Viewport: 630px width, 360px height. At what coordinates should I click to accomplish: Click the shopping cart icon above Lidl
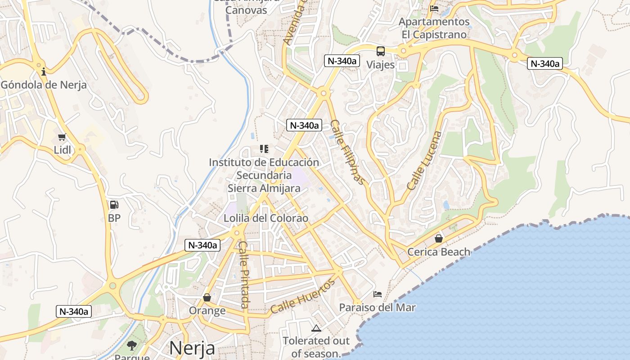pyautogui.click(x=62, y=137)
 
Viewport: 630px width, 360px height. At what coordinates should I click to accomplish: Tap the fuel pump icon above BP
pyautogui.click(x=114, y=205)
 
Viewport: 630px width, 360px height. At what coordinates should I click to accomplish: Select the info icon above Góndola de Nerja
pyautogui.click(x=44, y=72)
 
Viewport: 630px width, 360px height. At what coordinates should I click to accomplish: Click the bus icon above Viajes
pyautogui.click(x=381, y=51)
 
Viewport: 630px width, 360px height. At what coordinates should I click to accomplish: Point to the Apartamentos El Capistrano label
pyautogui.click(x=434, y=28)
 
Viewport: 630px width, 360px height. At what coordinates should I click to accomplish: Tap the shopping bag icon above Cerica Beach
pyautogui.click(x=438, y=238)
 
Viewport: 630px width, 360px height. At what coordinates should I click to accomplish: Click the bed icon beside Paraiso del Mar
pyautogui.click(x=378, y=294)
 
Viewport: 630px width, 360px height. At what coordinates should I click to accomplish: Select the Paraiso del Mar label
pyautogui.click(x=377, y=308)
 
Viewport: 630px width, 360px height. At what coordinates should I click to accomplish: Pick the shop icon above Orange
pyautogui.click(x=207, y=297)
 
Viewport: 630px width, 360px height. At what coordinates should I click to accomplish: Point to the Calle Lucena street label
pyautogui.click(x=424, y=160)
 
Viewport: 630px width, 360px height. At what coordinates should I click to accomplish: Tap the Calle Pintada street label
pyautogui.click(x=243, y=275)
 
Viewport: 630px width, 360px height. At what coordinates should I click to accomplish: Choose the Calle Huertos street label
pyautogui.click(x=303, y=296)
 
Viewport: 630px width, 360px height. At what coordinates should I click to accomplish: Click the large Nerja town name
pyautogui.click(x=192, y=348)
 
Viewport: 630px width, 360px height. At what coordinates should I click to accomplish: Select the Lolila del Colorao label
pyautogui.click(x=266, y=218)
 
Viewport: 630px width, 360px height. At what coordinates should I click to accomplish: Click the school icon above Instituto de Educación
pyautogui.click(x=264, y=148)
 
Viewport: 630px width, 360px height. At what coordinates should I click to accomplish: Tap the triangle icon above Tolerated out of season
pyautogui.click(x=316, y=328)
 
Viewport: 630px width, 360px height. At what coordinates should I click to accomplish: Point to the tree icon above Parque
pyautogui.click(x=132, y=346)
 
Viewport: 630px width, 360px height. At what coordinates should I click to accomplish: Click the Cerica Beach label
pyautogui.click(x=438, y=252)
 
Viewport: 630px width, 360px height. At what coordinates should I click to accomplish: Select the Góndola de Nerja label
pyautogui.click(x=44, y=85)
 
